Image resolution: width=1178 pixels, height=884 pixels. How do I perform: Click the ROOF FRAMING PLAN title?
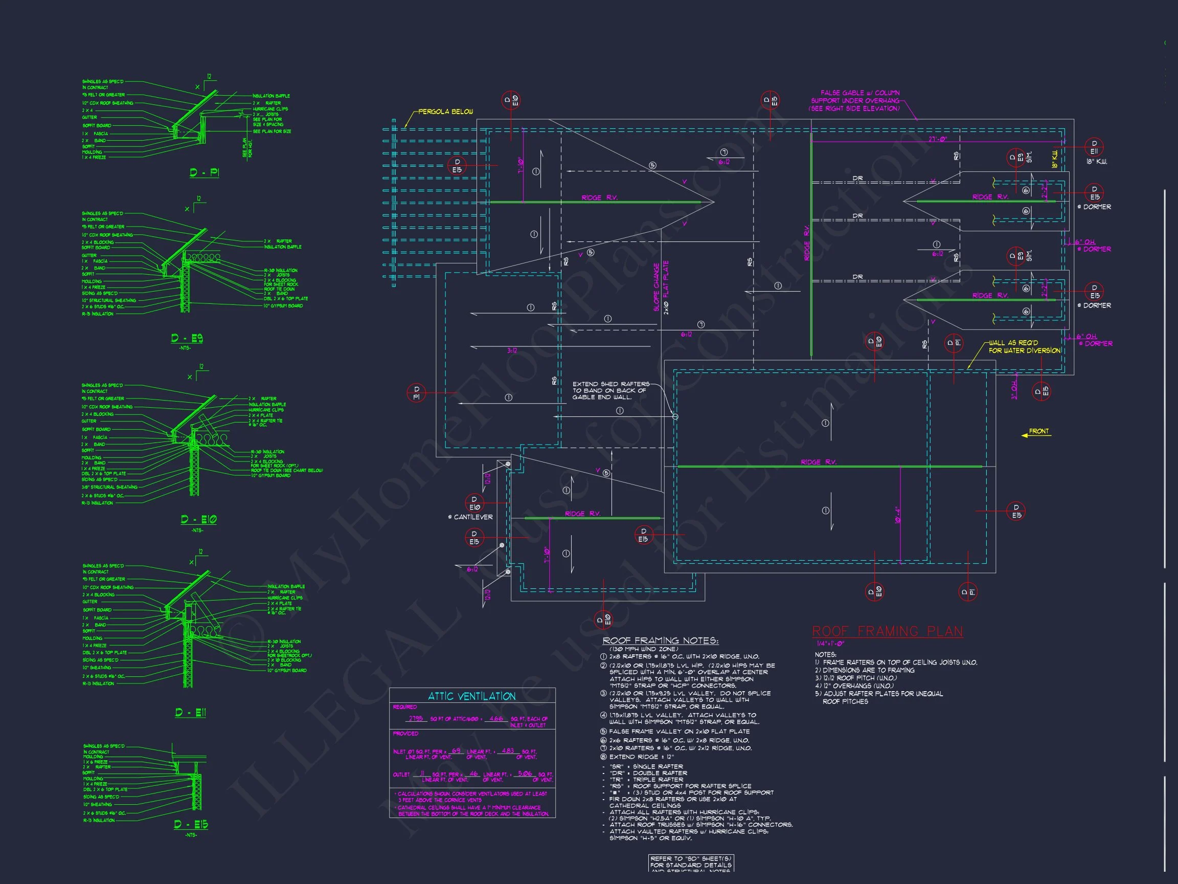pyautogui.click(x=887, y=632)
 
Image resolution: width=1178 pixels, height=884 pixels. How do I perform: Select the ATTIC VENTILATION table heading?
pyautogui.click(x=471, y=696)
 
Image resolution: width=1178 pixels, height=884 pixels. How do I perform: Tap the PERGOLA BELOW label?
pyautogui.click(x=445, y=112)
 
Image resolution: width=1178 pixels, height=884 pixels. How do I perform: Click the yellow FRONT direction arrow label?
pyautogui.click(x=1038, y=432)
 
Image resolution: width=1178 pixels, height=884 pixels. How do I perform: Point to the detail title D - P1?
pyautogui.click(x=205, y=172)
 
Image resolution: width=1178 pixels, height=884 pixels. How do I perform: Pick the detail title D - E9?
pyautogui.click(x=187, y=338)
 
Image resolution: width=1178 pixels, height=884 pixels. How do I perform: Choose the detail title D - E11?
pyautogui.click(x=191, y=713)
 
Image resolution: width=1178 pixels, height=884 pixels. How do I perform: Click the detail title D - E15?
pyautogui.click(x=191, y=825)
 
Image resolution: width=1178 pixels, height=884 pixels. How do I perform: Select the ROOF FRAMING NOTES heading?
pyautogui.click(x=661, y=641)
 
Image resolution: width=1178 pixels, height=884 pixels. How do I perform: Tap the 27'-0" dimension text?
pyautogui.click(x=938, y=139)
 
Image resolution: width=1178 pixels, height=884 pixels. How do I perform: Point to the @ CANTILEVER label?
pyautogui.click(x=470, y=517)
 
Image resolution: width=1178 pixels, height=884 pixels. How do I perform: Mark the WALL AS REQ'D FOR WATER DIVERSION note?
pyautogui.click(x=1024, y=347)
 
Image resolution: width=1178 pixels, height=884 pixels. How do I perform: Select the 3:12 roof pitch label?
pyautogui.click(x=512, y=350)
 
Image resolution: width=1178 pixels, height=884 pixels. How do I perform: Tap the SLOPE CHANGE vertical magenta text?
pyautogui.click(x=656, y=286)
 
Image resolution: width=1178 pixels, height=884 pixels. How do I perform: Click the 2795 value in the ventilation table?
pyautogui.click(x=415, y=719)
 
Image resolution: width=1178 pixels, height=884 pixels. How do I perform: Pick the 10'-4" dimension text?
pyautogui.click(x=897, y=515)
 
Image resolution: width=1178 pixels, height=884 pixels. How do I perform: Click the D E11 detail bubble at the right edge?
pyautogui.click(x=1094, y=147)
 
